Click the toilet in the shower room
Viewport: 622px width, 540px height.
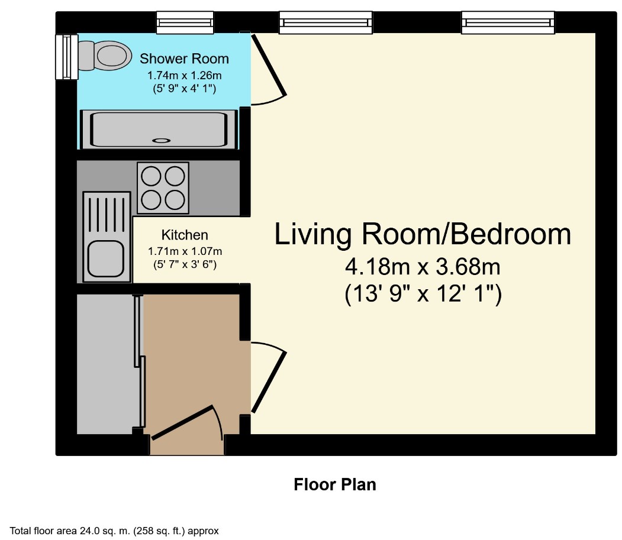pos(105,56)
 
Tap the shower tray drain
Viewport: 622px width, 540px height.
pos(162,140)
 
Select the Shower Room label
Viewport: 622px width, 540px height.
pos(184,59)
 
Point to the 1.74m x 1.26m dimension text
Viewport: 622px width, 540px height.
pos(185,75)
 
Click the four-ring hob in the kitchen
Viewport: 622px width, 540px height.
pos(163,188)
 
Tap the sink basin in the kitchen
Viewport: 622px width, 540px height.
pos(106,259)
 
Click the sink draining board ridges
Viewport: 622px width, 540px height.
pos(107,215)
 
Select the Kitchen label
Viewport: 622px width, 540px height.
pos(185,235)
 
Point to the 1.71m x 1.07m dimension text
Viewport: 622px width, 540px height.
pos(185,251)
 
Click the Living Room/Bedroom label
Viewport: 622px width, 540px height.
pos(423,234)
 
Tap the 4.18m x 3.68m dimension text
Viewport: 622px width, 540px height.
pos(423,266)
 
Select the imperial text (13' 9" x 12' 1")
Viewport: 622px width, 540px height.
pos(423,294)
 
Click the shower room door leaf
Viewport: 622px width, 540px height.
pos(269,66)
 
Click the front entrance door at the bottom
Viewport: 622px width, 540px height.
pos(182,422)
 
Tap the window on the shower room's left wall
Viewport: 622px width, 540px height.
pos(66,57)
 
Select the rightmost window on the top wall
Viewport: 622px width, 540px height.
pos(508,22)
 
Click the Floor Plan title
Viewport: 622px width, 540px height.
pos(335,484)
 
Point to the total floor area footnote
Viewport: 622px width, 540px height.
pos(114,531)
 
